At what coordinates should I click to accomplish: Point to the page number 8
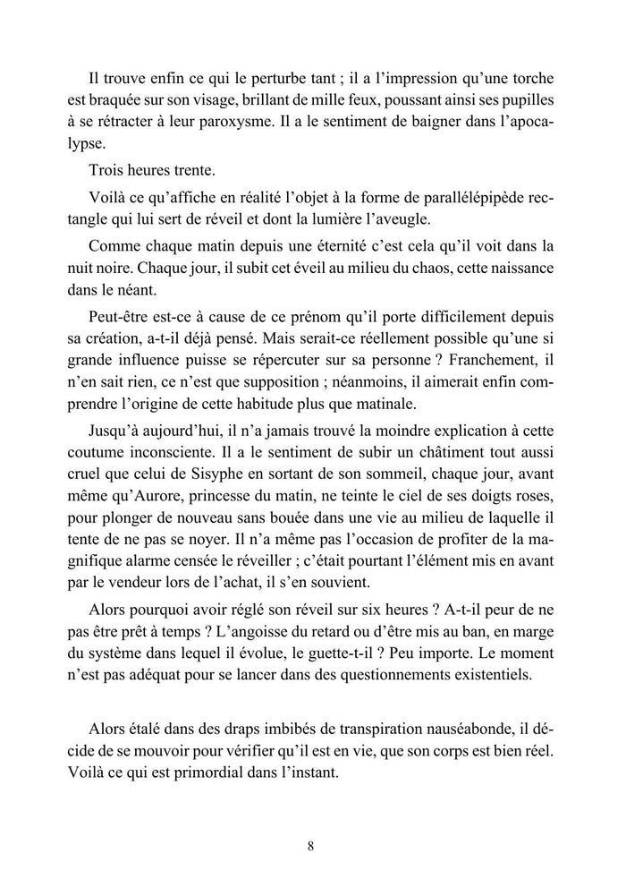(309, 846)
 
